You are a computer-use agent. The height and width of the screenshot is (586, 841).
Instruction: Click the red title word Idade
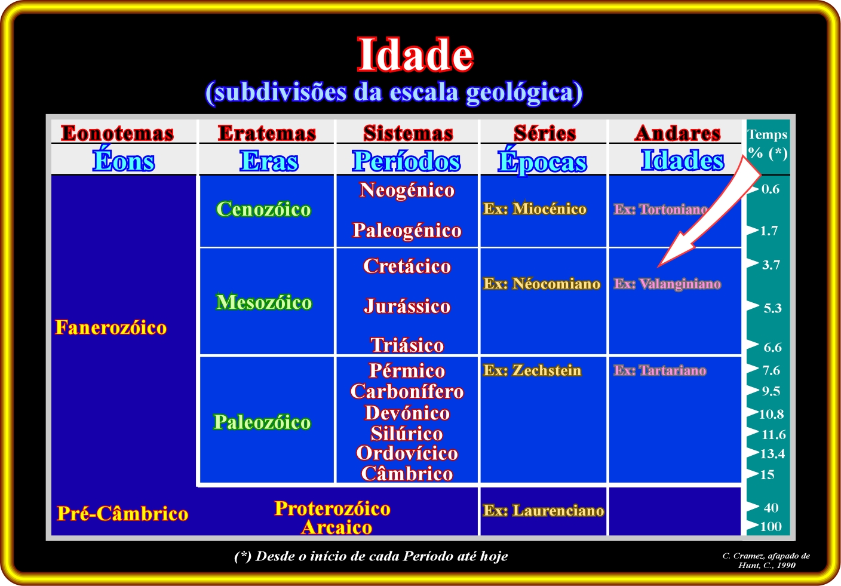pyautogui.click(x=415, y=55)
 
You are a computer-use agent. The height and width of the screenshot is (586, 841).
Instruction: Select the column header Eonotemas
pyautogui.click(x=118, y=133)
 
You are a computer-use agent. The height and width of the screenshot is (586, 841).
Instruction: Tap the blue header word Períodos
pyautogui.click(x=406, y=161)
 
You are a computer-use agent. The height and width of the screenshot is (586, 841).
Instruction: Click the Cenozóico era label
pyautogui.click(x=263, y=209)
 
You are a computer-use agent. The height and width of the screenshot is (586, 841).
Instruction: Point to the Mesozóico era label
pyautogui.click(x=264, y=302)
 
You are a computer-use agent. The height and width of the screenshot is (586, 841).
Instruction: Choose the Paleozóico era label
pyautogui.click(x=262, y=422)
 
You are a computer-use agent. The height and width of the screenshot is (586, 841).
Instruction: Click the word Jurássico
pyautogui.click(x=407, y=306)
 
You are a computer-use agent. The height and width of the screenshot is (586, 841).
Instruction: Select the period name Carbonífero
pyautogui.click(x=407, y=391)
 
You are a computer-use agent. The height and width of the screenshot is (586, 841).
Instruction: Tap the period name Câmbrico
pyautogui.click(x=407, y=473)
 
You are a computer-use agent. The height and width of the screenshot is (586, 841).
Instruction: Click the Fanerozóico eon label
pyautogui.click(x=111, y=327)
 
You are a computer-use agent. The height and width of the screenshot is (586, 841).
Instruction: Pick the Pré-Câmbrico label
pyautogui.click(x=122, y=514)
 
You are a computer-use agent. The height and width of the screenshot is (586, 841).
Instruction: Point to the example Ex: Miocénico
pyautogui.click(x=535, y=208)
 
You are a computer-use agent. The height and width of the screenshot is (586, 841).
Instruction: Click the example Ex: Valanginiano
pyautogui.click(x=667, y=284)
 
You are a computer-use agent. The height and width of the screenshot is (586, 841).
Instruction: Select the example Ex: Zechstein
pyautogui.click(x=532, y=370)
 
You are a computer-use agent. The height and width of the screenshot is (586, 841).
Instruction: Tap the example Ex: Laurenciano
pyautogui.click(x=544, y=511)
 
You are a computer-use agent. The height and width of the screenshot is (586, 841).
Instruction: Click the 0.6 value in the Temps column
pyautogui.click(x=771, y=189)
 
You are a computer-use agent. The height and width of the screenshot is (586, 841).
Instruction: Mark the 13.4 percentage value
pyautogui.click(x=772, y=454)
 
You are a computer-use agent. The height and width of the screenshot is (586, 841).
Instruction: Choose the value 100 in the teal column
pyautogui.click(x=771, y=526)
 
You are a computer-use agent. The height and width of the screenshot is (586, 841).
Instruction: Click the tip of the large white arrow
pyautogui.click(x=658, y=267)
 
